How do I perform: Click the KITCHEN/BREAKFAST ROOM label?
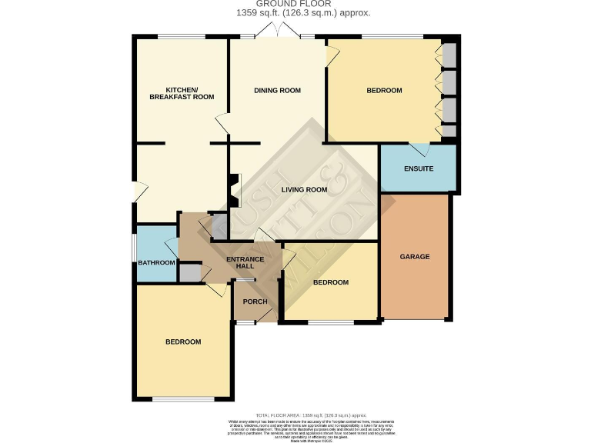click(182, 92)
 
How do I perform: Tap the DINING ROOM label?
click(277, 91)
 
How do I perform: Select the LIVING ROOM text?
click(304, 189)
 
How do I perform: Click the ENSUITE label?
click(419, 168)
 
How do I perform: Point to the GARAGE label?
click(414, 256)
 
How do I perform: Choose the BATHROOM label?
click(156, 263)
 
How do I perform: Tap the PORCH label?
click(255, 301)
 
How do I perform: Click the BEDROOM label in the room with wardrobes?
click(383, 91)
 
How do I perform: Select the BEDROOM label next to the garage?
click(330, 282)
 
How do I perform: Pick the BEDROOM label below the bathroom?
click(183, 341)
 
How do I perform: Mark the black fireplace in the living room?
click(233, 189)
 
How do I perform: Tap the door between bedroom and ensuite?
click(419, 148)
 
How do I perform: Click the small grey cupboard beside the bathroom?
click(189, 272)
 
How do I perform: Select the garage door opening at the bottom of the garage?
click(414, 319)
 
